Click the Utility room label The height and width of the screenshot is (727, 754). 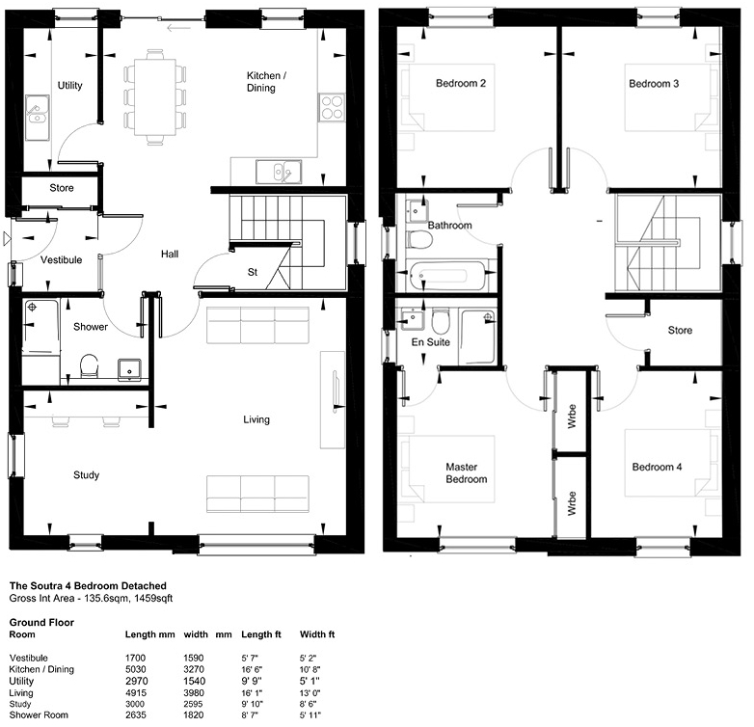[69, 86]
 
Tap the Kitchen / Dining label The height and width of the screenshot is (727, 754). [266, 82]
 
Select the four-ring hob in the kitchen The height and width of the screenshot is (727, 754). [332, 107]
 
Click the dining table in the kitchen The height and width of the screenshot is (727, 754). [155, 97]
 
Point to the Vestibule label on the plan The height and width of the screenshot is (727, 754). [61, 260]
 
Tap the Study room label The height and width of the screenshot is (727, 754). [86, 475]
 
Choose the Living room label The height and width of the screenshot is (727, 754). [256, 419]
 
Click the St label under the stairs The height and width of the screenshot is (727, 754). [253, 272]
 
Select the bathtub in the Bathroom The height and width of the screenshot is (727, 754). [444, 276]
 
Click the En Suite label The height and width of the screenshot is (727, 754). [430, 342]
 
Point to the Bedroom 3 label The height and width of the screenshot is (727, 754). [654, 84]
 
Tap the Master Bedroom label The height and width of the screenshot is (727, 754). [466, 473]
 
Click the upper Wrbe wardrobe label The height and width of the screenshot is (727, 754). [571, 417]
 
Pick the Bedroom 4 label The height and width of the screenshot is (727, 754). [657, 467]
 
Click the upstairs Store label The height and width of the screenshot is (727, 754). [680, 331]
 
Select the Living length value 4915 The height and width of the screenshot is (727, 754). [135, 693]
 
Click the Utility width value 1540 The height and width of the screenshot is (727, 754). [194, 681]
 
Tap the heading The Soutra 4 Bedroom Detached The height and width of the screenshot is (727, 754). [88, 586]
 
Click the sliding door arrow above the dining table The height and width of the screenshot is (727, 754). [179, 28]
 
